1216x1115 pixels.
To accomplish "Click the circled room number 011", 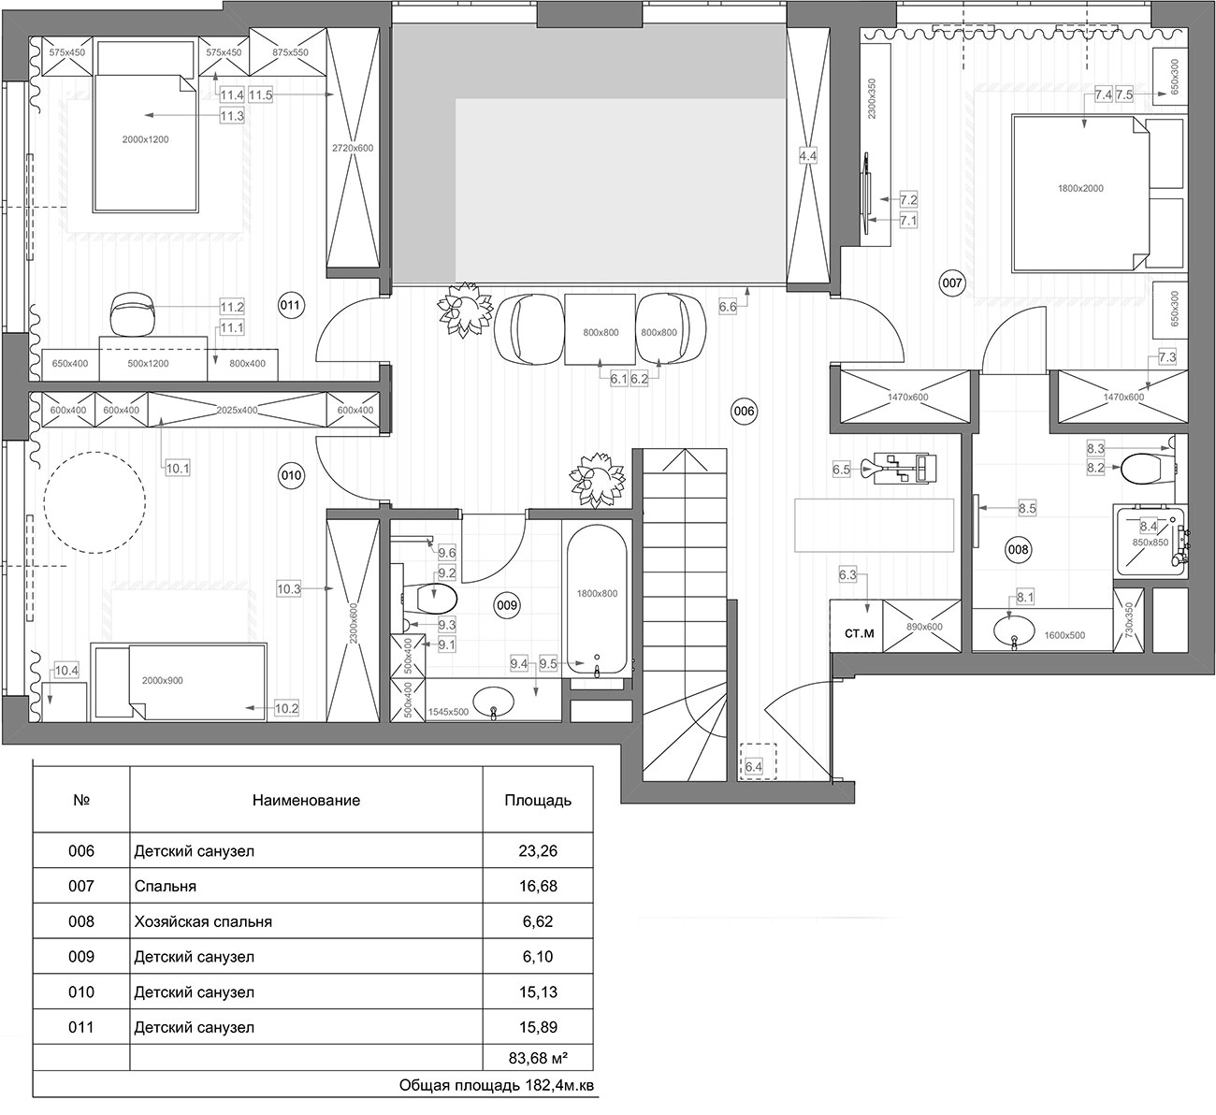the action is pyautogui.click(x=290, y=305).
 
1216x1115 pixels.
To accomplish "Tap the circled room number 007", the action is pyautogui.click(x=951, y=282).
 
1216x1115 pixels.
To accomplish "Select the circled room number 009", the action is pyautogui.click(x=507, y=605).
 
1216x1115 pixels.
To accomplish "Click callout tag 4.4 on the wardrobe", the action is pyautogui.click(x=807, y=156).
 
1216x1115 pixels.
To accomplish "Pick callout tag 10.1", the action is pyautogui.click(x=178, y=468).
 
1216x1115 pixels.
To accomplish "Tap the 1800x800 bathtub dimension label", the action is pyautogui.click(x=597, y=594).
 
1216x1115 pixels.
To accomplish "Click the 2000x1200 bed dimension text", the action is pyautogui.click(x=146, y=139).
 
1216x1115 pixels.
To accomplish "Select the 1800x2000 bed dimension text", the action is pyautogui.click(x=1080, y=189).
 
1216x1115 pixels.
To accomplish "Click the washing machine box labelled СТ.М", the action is pyautogui.click(x=860, y=634).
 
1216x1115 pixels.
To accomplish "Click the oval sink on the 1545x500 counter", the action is pyautogui.click(x=494, y=702).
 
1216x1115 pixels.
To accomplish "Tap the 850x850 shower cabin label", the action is pyautogui.click(x=1150, y=543).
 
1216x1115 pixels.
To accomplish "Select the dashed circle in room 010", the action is pyautogui.click(x=94, y=502).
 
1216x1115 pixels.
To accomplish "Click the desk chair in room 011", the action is pyautogui.click(x=132, y=312).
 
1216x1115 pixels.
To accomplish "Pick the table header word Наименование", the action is pyautogui.click(x=306, y=801).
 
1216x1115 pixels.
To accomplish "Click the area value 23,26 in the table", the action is pyautogui.click(x=538, y=851).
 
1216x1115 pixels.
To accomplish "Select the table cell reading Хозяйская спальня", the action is pyautogui.click(x=203, y=921).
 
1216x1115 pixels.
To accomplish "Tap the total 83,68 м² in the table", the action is pyautogui.click(x=538, y=1059).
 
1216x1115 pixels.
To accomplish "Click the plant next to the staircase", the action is pyautogui.click(x=597, y=480).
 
